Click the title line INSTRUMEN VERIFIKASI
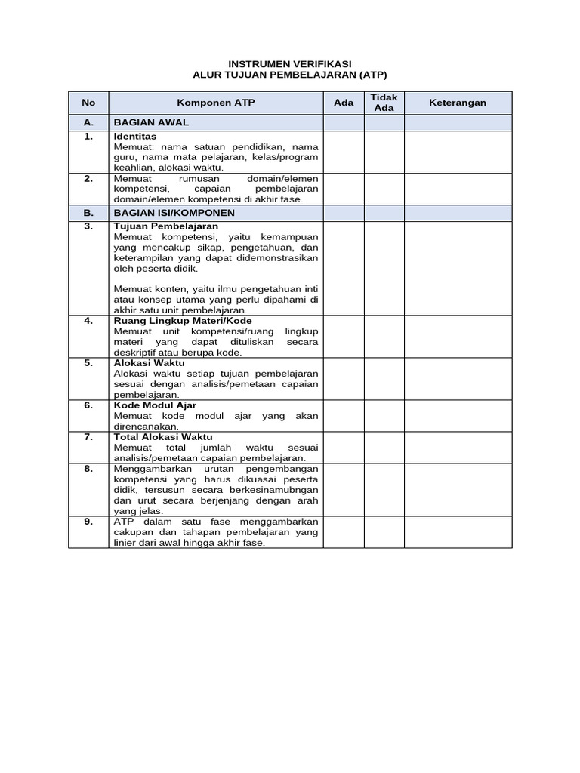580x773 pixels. [290, 64]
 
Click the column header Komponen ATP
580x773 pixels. [216, 103]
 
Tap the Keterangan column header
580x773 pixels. [458, 103]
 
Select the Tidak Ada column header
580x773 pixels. [384, 103]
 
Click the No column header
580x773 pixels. [89, 103]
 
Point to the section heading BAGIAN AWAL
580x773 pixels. [151, 122]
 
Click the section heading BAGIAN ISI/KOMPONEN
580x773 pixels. [174, 213]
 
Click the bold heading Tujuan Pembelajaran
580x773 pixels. [165, 226]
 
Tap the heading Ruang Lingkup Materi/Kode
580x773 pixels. [183, 321]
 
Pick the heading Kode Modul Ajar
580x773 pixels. [155, 405]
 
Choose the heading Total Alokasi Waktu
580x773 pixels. [163, 437]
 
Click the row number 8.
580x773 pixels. [89, 468]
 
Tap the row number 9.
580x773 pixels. [89, 522]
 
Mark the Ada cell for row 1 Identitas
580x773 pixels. [344, 151]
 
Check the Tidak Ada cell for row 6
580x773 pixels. [384, 414]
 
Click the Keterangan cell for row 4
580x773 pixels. [458, 336]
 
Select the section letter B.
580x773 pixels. [89, 213]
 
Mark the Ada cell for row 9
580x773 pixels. [344, 531]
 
